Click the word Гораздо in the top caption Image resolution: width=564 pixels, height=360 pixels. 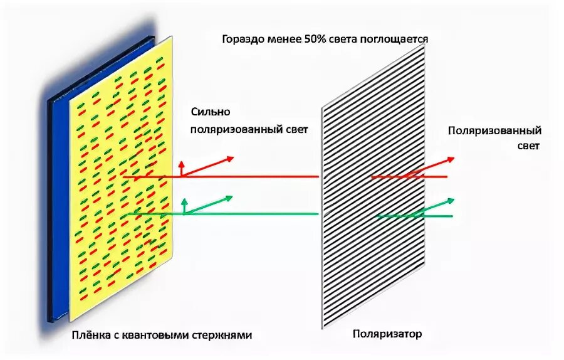tap(242, 39)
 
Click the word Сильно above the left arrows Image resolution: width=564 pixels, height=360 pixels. tap(211, 112)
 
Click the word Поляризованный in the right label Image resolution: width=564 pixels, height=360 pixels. tap(494, 130)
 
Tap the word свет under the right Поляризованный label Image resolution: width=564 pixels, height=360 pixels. tap(528, 145)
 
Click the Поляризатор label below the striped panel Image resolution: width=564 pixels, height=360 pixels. tap(387, 334)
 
